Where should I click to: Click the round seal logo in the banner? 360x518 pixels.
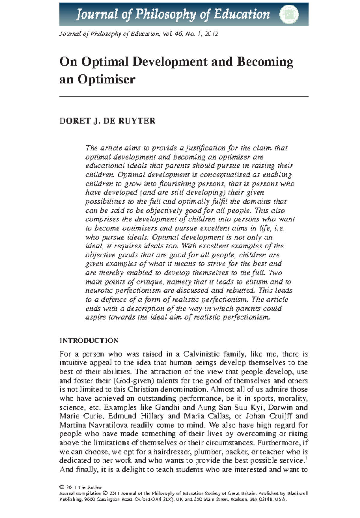289,14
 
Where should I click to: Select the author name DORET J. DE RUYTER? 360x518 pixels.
107,121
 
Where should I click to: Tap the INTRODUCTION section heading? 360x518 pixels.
89,341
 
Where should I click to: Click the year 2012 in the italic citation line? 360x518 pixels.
212,34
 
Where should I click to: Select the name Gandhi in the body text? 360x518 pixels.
167,407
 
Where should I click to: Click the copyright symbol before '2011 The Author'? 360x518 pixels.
62,487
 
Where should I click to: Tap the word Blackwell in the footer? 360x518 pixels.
297,493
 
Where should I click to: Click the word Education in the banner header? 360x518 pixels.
241,14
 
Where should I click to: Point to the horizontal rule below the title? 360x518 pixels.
184,97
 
